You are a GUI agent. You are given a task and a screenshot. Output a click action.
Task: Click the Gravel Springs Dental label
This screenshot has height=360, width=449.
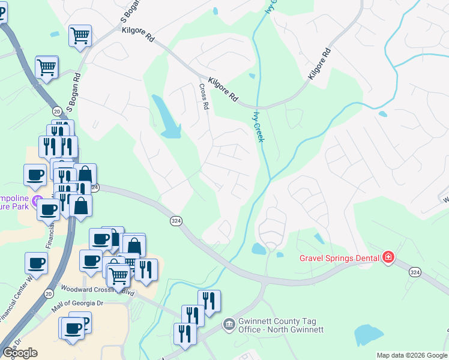339,258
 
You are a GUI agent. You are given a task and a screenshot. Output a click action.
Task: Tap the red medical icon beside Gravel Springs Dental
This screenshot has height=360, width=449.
388,257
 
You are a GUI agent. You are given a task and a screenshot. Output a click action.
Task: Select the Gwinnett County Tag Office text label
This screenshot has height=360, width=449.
280,325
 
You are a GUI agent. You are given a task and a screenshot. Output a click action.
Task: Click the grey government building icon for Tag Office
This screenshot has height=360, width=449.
228,325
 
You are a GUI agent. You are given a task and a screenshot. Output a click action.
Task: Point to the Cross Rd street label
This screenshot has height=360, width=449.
204,96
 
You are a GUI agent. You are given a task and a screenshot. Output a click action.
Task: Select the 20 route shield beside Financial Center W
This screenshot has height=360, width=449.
47,293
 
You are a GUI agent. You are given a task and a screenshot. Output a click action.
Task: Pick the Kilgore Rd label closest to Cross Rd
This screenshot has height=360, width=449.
223,89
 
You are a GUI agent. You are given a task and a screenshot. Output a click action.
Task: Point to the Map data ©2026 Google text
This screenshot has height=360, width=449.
411,355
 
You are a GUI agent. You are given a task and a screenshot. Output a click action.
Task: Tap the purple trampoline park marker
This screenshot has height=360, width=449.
38,199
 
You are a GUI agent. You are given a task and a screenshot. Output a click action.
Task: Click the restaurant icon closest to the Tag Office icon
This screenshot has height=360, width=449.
209,301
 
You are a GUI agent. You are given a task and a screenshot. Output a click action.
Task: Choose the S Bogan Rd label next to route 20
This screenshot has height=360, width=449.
74,93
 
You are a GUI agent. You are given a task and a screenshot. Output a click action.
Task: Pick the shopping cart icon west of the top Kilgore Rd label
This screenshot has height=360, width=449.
80,35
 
